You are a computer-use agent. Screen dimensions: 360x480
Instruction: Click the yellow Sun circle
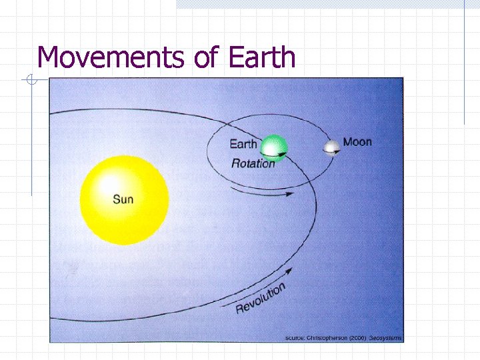[124, 199]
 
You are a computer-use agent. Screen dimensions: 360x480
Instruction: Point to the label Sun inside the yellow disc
[123, 199]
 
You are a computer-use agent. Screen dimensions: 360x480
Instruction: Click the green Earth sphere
[273, 148]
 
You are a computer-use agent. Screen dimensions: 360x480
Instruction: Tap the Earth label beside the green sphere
[243, 145]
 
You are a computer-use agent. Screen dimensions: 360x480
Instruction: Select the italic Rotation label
[253, 163]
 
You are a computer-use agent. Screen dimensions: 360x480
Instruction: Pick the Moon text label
[357, 142]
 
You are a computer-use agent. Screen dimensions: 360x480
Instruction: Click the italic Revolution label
[261, 298]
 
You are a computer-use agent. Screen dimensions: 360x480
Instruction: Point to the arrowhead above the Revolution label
[290, 270]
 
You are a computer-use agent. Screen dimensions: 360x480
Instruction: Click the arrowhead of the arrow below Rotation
[291, 195]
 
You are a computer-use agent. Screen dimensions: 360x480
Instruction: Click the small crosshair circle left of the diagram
[31, 81]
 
